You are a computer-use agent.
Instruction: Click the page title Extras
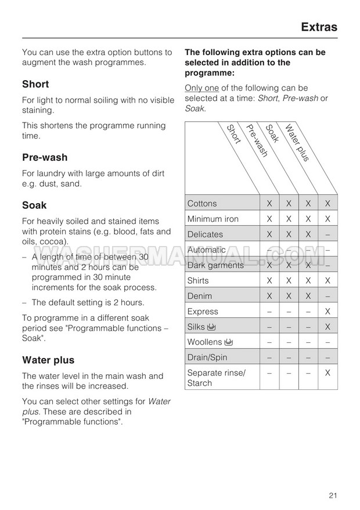tap(319, 27)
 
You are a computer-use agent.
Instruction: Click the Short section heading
tap(35, 84)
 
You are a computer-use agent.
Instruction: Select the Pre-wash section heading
tap(45, 157)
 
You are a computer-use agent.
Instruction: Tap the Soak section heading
tap(34, 205)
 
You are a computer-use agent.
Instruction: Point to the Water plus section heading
tap(48, 360)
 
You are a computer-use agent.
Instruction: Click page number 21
tap(333, 495)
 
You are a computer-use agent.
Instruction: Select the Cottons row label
tap(202, 204)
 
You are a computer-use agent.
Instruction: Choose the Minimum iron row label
tap(213, 219)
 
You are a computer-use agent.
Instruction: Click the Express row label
tap(203, 312)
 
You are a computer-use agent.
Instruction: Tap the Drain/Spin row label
tap(207, 357)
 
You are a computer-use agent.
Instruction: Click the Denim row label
tap(200, 296)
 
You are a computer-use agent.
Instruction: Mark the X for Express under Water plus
tap(327, 312)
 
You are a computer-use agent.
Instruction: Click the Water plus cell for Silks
tap(327, 327)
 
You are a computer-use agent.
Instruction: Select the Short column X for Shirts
tap(269, 280)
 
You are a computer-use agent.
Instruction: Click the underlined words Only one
tap(201, 88)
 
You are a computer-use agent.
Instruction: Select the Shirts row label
tap(198, 280)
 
